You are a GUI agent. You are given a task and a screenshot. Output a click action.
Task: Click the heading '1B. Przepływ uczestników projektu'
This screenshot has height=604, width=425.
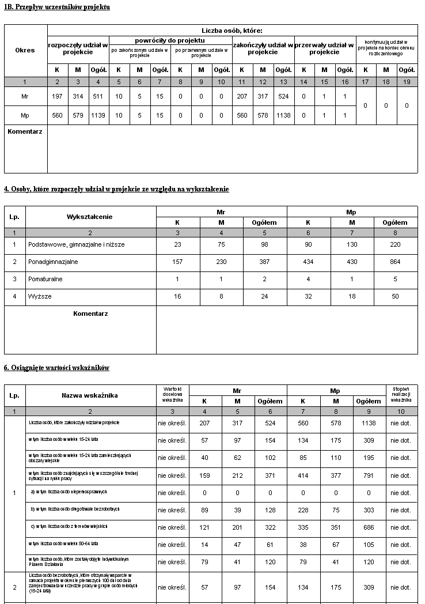[57, 7]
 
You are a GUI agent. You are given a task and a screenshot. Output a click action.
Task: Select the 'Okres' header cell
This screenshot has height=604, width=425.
[25, 50]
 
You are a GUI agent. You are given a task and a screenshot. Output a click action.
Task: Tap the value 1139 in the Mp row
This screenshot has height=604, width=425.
[98, 115]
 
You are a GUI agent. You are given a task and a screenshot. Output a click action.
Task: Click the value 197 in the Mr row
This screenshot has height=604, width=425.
[57, 96]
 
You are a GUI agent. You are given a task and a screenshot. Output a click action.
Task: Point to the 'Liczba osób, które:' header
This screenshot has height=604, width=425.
[232, 31]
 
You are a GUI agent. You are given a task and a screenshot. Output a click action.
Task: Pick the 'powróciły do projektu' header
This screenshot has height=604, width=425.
[170, 40]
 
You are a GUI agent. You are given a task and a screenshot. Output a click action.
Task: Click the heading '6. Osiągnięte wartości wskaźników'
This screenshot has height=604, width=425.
[56, 368]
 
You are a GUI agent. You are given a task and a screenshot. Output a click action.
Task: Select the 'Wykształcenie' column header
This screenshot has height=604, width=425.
[90, 217]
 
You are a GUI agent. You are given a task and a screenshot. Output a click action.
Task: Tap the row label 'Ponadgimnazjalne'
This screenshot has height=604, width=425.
[53, 262]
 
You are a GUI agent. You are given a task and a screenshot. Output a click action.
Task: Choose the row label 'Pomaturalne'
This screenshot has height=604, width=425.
[45, 279]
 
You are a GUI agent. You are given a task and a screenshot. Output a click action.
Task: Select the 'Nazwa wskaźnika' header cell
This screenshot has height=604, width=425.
[90, 395]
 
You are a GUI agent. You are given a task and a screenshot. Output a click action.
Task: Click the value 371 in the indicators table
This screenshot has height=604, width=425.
[270, 475]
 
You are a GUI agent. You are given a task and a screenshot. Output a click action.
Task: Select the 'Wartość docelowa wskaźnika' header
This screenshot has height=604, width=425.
[172, 395]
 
